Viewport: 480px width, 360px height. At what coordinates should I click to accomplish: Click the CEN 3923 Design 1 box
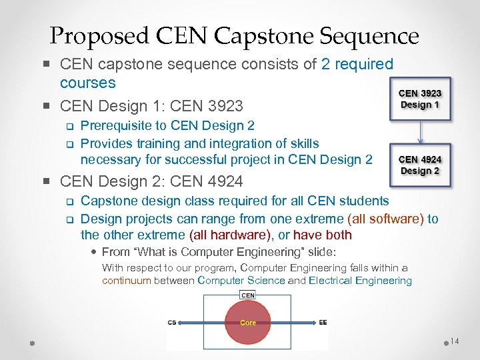pyautogui.click(x=420, y=99)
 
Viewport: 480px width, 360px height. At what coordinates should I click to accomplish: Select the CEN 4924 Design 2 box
pyautogui.click(x=420, y=165)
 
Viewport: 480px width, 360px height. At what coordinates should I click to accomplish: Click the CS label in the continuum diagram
pyautogui.click(x=172, y=323)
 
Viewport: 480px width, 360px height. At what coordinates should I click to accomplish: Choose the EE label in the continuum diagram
pyautogui.click(x=323, y=323)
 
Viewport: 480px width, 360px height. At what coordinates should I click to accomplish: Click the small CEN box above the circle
pyautogui.click(x=247, y=295)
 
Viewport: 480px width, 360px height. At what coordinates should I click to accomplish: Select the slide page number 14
pyautogui.click(x=454, y=341)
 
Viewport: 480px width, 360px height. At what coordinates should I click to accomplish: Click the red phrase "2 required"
pyautogui.click(x=357, y=65)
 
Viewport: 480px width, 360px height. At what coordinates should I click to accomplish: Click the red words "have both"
pyautogui.click(x=323, y=235)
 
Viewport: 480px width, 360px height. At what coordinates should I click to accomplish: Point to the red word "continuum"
pyautogui.click(x=127, y=281)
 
